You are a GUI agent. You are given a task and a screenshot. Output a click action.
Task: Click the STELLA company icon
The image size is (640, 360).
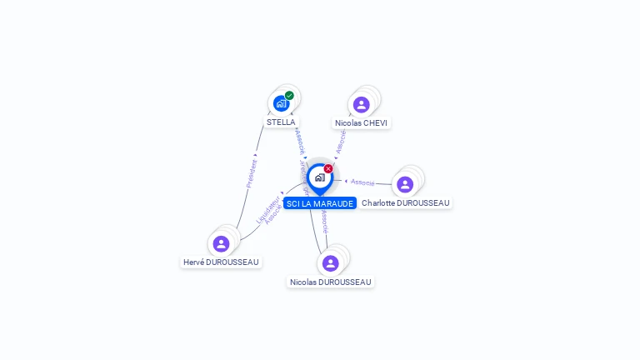[281, 104]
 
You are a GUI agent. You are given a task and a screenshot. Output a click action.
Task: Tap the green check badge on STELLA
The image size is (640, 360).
[289, 95]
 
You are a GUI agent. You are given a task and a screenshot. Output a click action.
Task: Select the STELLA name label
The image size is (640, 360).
[281, 122]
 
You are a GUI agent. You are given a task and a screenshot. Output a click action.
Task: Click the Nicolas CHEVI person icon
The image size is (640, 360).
[361, 105]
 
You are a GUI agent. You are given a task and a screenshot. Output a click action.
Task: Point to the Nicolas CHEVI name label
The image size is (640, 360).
[361, 122]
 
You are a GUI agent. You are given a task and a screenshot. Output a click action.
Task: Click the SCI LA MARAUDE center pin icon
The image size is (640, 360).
[319, 177]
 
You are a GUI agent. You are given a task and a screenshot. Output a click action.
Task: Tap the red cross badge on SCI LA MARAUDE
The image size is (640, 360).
[328, 168]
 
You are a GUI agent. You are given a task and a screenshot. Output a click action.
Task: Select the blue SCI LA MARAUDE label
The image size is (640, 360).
[320, 203]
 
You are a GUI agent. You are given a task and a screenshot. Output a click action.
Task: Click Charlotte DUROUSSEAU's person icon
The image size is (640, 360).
[405, 184]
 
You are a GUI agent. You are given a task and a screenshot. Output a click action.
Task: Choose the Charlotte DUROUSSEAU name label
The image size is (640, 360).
[406, 202]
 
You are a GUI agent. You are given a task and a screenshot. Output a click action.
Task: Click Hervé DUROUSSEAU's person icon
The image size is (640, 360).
[221, 243]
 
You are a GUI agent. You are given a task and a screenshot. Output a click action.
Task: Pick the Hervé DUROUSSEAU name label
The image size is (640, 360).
[221, 262]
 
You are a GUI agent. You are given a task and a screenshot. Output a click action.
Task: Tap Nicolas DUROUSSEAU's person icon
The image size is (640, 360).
[331, 263]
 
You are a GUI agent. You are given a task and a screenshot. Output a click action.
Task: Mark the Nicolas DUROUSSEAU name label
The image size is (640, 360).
[331, 282]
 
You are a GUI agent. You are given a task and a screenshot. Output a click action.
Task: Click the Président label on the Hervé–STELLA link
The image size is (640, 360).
[251, 173]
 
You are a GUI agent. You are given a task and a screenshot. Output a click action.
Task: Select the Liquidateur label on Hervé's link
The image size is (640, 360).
[266, 207]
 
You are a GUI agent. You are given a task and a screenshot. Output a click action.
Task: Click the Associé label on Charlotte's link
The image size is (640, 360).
[362, 182]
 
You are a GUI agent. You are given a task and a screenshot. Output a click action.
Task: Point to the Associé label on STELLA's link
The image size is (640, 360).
[300, 140]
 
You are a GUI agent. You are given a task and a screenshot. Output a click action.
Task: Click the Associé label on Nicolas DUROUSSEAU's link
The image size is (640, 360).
[325, 221]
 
